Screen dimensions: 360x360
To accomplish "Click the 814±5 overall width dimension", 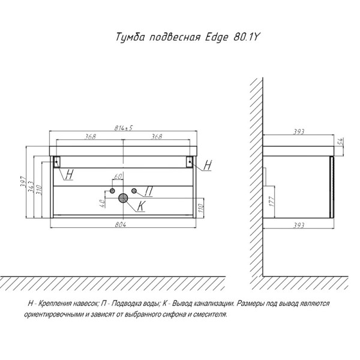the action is (124, 128).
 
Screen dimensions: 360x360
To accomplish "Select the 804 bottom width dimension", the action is (121, 224).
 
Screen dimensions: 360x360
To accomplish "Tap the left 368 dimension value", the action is (91, 136).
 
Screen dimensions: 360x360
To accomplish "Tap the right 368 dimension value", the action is (157, 136).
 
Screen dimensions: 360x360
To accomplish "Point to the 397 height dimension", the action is (23, 182).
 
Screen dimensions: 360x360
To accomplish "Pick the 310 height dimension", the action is (39, 190).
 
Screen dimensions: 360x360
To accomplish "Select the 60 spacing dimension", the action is (118, 176).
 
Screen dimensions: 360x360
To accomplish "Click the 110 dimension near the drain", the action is (200, 208).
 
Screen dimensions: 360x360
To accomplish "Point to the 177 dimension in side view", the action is (272, 202).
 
